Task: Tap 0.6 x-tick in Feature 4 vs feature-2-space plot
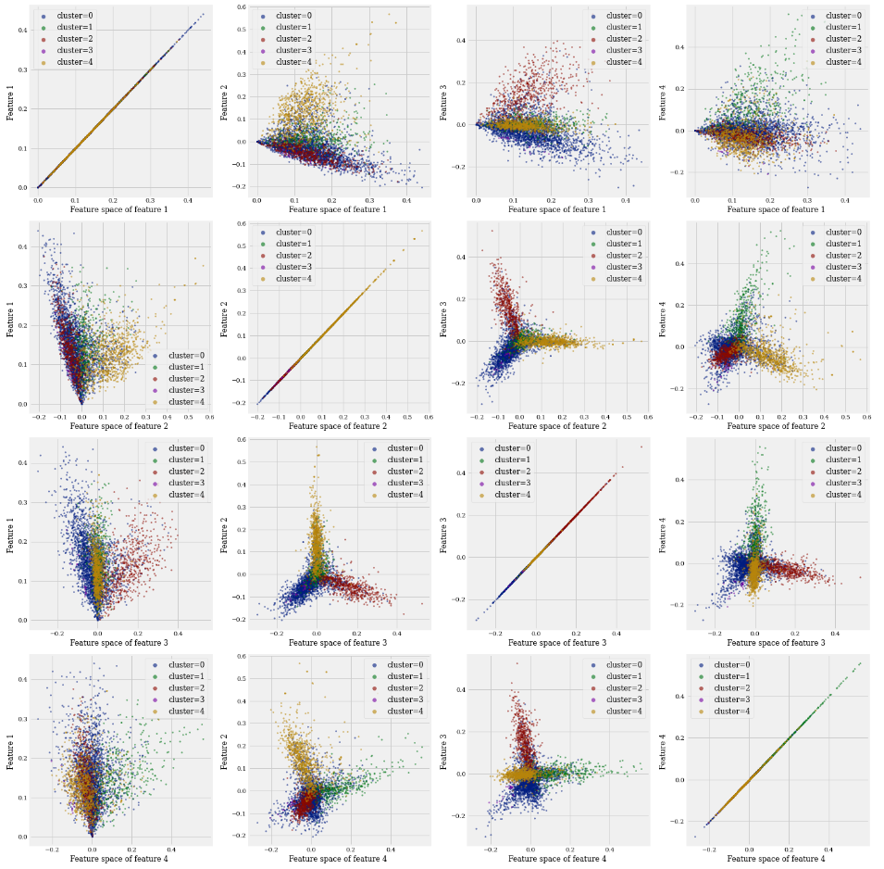click(866, 417)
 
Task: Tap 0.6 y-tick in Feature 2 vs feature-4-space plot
click(240, 656)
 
